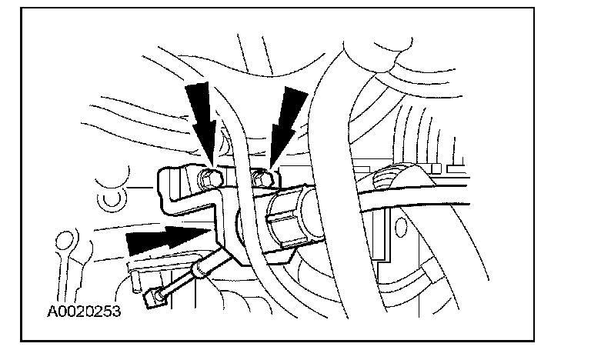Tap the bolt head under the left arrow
[x=209, y=180]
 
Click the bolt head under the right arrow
[x=260, y=179]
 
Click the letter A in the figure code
[x=52, y=313]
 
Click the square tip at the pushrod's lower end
[x=157, y=296]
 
